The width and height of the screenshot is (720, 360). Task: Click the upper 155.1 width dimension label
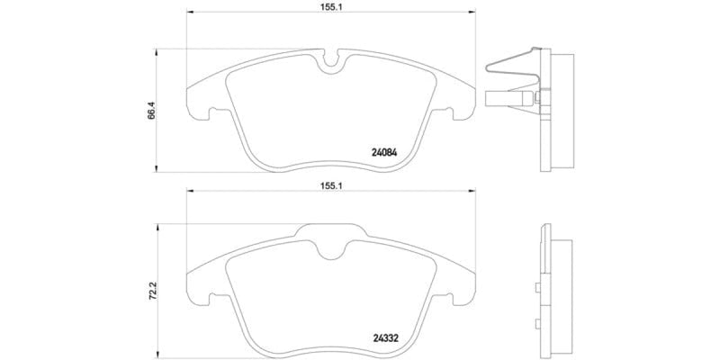pyautogui.click(x=330, y=6)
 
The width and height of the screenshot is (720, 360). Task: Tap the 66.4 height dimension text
pyautogui.click(x=152, y=110)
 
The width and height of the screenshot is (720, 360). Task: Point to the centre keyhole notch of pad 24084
pyautogui.click(x=330, y=62)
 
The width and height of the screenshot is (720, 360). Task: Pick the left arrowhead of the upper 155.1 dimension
pyautogui.click(x=188, y=13)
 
